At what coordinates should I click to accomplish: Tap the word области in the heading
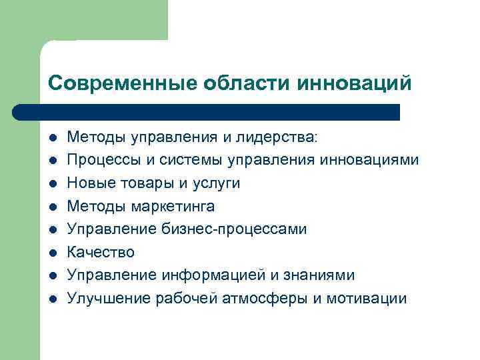(x=237, y=83)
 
